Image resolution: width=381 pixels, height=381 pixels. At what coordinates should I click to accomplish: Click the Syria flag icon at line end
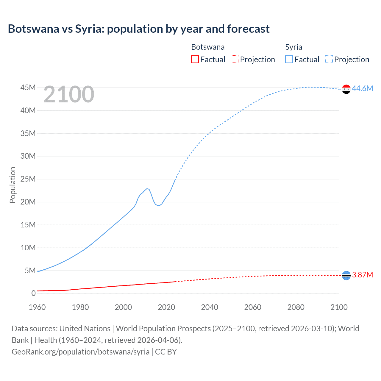click(x=346, y=89)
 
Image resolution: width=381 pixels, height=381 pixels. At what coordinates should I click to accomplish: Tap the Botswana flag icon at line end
click(x=346, y=276)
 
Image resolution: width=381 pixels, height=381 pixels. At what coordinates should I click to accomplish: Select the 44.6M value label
click(x=362, y=88)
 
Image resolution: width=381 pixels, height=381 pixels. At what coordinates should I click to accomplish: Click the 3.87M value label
click(x=362, y=275)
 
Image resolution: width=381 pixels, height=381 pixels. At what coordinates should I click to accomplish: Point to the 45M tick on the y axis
click(x=28, y=88)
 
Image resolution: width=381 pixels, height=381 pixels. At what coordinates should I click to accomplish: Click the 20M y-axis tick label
click(x=28, y=202)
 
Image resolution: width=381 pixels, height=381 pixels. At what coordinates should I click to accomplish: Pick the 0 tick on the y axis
click(x=33, y=293)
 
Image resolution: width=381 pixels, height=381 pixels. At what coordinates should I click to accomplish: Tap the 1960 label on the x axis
click(x=37, y=307)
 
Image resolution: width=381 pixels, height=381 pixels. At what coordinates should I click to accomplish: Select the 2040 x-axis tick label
click(x=210, y=307)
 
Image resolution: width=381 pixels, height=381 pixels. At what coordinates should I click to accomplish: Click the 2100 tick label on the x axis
click(x=339, y=307)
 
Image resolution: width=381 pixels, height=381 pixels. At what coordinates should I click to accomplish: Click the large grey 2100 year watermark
click(x=69, y=95)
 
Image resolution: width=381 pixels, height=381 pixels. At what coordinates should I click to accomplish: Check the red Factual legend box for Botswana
click(x=195, y=59)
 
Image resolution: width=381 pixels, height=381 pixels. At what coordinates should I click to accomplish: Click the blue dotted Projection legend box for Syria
click(x=329, y=59)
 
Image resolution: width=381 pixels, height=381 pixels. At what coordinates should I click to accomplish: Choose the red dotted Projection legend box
click(x=235, y=59)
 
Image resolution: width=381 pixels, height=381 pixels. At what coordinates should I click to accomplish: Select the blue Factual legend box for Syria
click(x=289, y=59)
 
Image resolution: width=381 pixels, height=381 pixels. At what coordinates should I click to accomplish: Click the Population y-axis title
click(x=13, y=185)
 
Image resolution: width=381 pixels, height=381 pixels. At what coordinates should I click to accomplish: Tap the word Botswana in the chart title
click(x=33, y=29)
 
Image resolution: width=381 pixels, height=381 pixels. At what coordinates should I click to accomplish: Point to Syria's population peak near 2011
click(x=147, y=188)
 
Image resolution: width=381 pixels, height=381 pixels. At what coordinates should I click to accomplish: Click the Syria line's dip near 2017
click(x=158, y=205)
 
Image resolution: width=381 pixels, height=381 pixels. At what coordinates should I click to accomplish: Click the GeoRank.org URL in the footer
click(x=80, y=352)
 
